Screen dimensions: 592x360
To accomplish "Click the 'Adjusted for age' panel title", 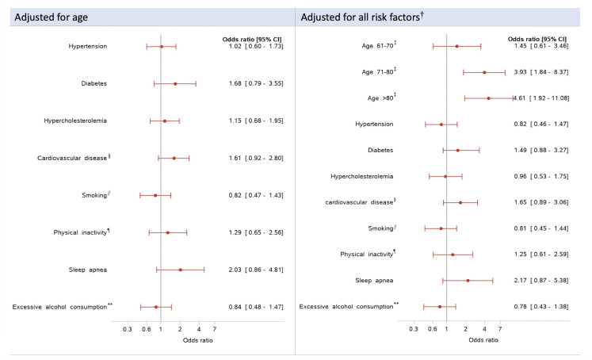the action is coord(51,17).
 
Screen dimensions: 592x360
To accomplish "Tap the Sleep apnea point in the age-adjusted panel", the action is coord(181,270).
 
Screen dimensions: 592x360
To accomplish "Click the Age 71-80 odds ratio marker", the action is coord(484,72).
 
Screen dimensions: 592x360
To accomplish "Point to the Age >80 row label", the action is coord(382,98).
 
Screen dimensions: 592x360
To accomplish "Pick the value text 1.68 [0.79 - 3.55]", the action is coord(256,83).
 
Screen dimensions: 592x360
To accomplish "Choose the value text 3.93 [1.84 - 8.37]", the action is coord(541,72).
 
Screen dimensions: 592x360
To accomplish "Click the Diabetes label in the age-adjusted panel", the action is coord(94,83).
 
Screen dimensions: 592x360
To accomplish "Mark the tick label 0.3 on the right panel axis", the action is coord(414,329).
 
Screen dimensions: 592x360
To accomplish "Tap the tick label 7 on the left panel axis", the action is coord(215,329).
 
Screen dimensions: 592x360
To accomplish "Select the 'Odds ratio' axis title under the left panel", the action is coord(198,340).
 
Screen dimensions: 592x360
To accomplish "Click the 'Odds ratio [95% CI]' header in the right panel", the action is coord(537,39).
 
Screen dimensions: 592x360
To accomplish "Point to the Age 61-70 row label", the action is coord(379,45).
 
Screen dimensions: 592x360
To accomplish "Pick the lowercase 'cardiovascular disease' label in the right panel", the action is coord(361,201).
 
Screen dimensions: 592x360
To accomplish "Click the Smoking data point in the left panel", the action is coord(155,195).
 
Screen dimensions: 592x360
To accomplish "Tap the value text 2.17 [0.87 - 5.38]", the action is coord(541,280).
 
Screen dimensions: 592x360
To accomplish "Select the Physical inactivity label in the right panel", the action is coord(368,254).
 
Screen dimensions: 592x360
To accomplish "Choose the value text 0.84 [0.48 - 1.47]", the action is coord(256,307).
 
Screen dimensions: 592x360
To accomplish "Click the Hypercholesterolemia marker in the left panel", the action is coord(165,121).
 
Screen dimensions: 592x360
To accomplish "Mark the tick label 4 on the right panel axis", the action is coord(485,329).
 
